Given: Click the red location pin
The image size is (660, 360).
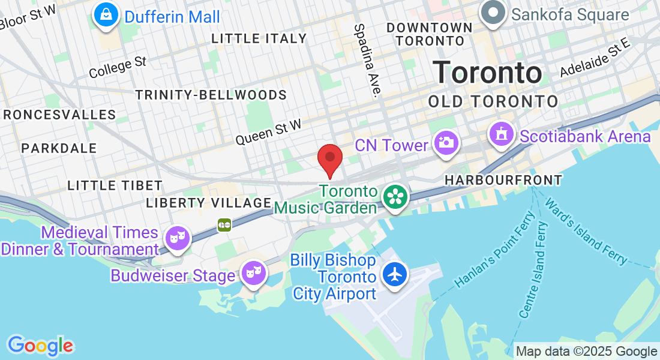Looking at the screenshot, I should click(329, 158).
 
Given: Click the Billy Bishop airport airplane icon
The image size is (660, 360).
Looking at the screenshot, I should click(395, 274).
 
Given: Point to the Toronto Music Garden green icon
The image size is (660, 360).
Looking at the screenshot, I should click(395, 196).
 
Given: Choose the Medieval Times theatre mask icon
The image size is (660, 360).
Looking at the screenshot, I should click(178, 238).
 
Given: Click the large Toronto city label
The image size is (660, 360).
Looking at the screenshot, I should click(488, 73).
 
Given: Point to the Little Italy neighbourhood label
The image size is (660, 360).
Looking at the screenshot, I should click(259, 38).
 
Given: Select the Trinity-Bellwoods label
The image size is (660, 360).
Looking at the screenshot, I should click(211, 95).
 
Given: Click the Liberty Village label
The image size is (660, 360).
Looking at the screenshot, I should click(209, 203).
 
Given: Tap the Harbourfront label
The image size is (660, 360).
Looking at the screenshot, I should click(503, 179).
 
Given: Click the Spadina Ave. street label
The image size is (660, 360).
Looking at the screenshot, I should click(368, 60).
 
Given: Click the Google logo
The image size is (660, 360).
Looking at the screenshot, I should click(40, 346).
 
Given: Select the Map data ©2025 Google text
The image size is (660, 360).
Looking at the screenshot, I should click(587, 351).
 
